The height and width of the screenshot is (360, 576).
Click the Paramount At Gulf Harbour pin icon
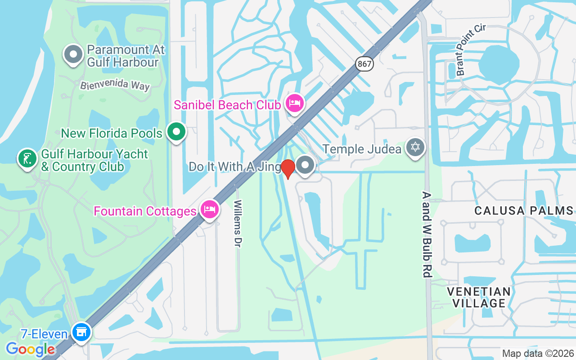pyautogui.click(x=73, y=55)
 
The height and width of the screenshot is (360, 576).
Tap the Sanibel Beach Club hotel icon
pyautogui.click(x=294, y=104)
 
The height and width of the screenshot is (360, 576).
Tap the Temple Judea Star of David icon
pyautogui.click(x=415, y=147)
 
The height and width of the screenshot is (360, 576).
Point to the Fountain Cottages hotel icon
pyautogui.click(x=210, y=209)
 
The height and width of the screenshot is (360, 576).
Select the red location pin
pyautogui.click(x=288, y=169)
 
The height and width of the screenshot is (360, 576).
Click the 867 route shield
pyautogui.click(x=364, y=64)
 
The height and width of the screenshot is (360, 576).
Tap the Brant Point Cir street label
pyautogui.click(x=471, y=50)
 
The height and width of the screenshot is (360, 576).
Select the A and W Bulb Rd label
pyautogui.click(x=427, y=234)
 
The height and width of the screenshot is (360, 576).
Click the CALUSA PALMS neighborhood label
pyautogui.click(x=524, y=211)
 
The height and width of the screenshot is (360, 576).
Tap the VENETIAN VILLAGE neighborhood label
pyautogui.click(x=479, y=297)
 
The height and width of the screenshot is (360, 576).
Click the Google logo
pyautogui.click(x=30, y=349)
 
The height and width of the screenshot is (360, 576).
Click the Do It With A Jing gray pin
pyautogui.click(x=306, y=165)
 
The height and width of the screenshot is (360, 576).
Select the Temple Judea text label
pyautogui.click(x=362, y=148)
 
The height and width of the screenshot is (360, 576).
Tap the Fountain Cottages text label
pyautogui.click(x=145, y=211)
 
